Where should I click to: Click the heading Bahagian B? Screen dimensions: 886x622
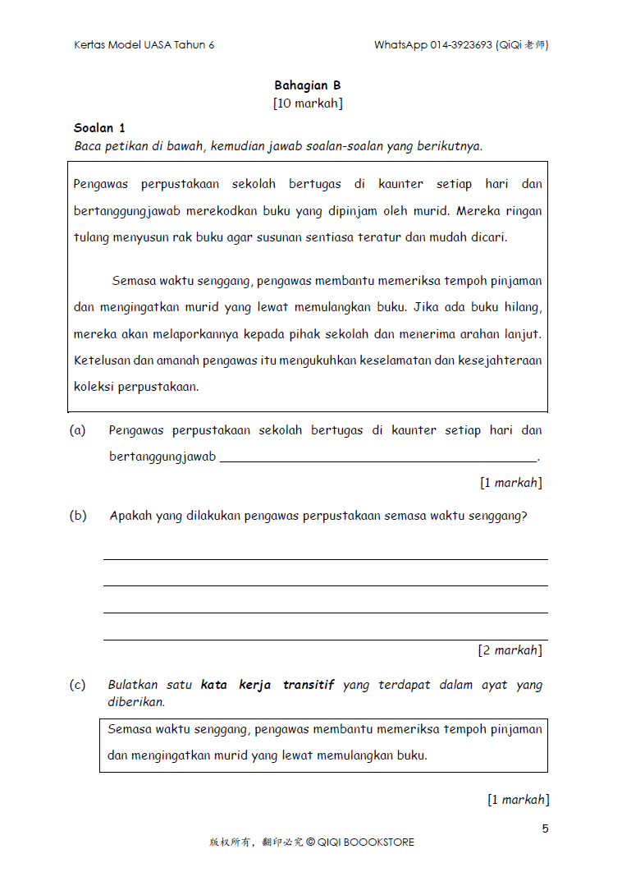pyautogui.click(x=308, y=85)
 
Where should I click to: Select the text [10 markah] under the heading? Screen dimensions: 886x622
pyautogui.click(x=308, y=103)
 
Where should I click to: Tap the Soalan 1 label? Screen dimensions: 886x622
pyautogui.click(x=99, y=128)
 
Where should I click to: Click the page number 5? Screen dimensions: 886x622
pyautogui.click(x=545, y=829)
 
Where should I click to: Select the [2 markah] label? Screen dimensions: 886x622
pyautogui.click(x=510, y=650)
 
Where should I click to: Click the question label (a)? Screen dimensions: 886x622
pyautogui.click(x=78, y=430)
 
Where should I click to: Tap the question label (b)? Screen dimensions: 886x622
pyautogui.click(x=78, y=516)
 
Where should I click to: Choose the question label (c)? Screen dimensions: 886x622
pyautogui.click(x=78, y=685)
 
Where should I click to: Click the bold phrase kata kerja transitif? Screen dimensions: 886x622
pyautogui.click(x=268, y=685)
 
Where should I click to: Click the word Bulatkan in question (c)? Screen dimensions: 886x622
pyautogui.click(x=133, y=685)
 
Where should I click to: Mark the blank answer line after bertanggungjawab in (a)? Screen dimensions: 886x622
pyautogui.click(x=377, y=461)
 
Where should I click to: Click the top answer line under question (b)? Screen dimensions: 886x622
pyautogui.click(x=325, y=558)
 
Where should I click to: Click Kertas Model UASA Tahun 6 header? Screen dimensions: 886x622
pyautogui.click(x=144, y=45)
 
